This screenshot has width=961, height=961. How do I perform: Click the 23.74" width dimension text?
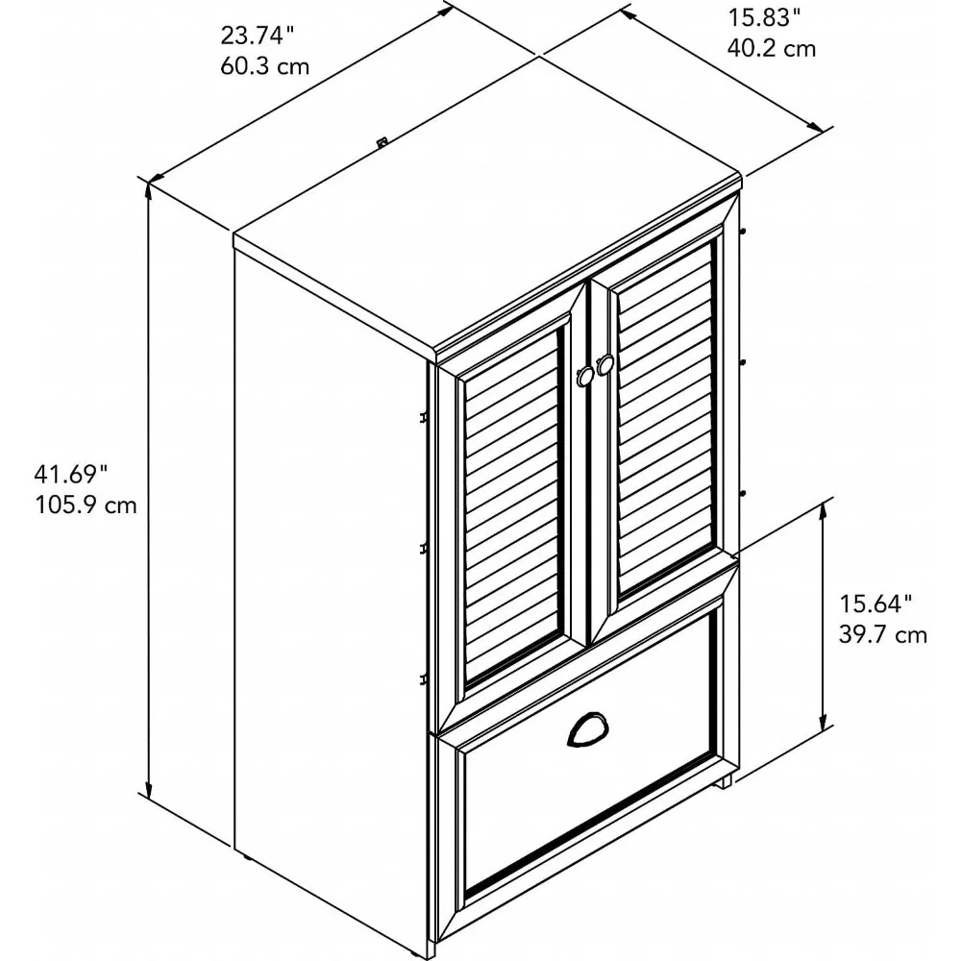(x=257, y=37)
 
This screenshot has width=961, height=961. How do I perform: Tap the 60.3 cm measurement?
(x=257, y=67)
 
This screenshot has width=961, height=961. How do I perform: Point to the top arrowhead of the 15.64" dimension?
(x=824, y=508)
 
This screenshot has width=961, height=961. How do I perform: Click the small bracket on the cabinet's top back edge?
(x=382, y=142)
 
